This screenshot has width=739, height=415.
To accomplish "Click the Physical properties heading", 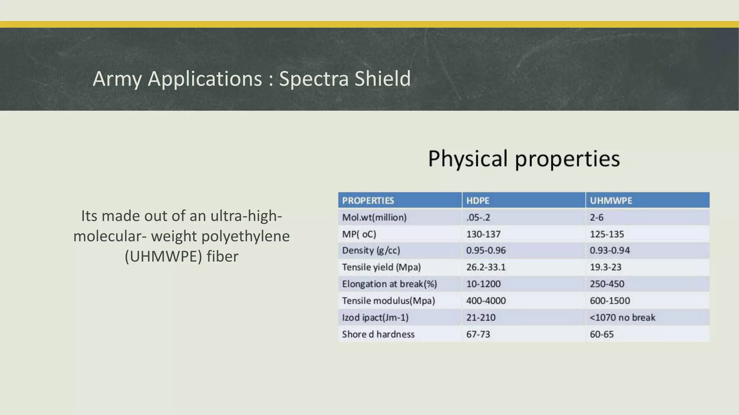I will click(524, 159).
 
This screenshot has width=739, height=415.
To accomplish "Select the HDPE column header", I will click(477, 201).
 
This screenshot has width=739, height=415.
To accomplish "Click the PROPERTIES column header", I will click(368, 201).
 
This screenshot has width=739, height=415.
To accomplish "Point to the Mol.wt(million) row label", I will click(374, 218).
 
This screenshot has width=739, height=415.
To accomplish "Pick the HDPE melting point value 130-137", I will click(483, 234).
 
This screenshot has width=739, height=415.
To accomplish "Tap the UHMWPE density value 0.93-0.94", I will click(609, 250).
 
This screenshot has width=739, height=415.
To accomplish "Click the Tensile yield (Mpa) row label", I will click(381, 267).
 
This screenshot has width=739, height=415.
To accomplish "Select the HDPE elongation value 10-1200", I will click(483, 284).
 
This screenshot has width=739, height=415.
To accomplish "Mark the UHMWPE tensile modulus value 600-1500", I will click(609, 301).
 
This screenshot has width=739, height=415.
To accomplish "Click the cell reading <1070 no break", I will click(622, 317).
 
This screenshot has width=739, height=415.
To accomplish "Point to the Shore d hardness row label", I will click(378, 334).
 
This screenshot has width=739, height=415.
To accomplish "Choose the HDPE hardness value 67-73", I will click(478, 334).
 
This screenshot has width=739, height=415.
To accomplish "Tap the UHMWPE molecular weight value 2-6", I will click(596, 218).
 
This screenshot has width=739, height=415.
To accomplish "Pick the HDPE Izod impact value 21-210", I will click(481, 317).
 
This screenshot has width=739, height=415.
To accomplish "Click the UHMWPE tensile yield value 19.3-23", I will click(605, 267).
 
